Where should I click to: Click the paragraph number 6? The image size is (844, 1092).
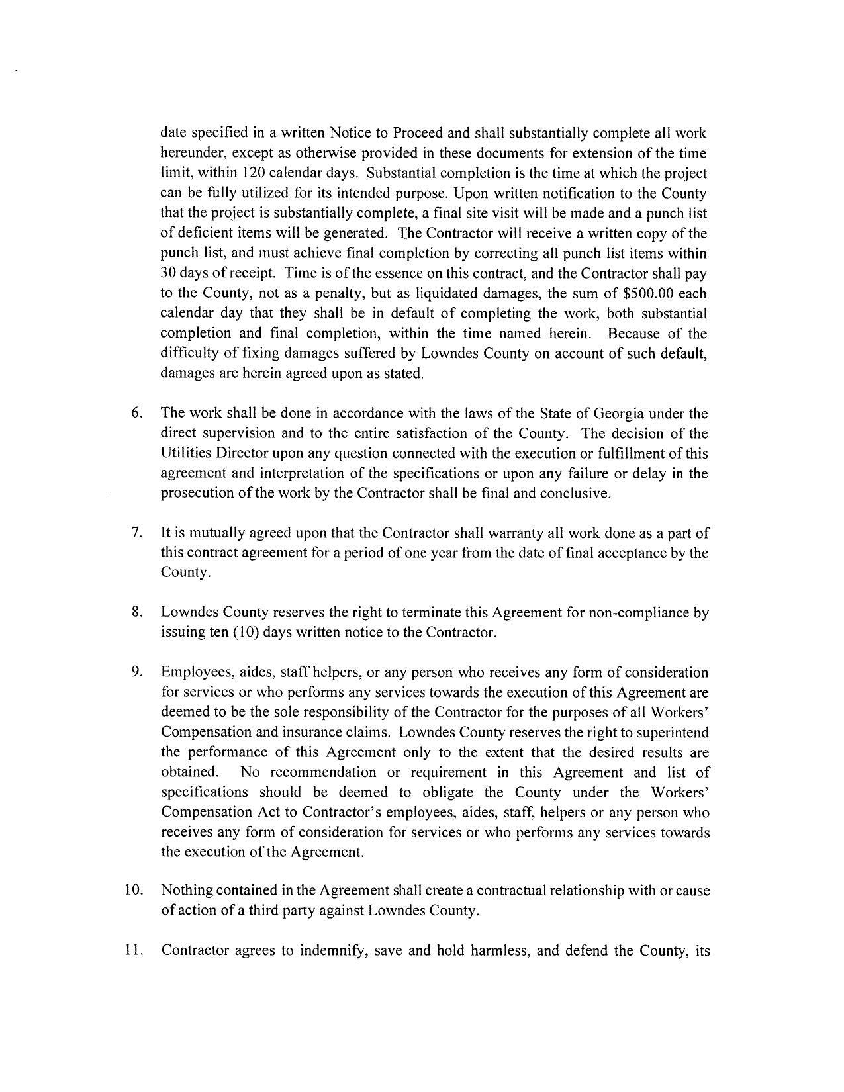click(137, 414)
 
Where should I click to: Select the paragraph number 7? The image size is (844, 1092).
click(137, 533)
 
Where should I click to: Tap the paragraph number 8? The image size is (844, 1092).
click(137, 612)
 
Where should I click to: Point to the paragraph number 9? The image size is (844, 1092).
click(137, 672)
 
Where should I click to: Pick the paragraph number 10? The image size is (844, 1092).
click(134, 890)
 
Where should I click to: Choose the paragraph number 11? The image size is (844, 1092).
click(134, 951)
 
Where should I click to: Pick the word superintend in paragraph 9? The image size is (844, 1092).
click(672, 732)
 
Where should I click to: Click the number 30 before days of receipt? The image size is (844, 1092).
click(167, 273)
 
